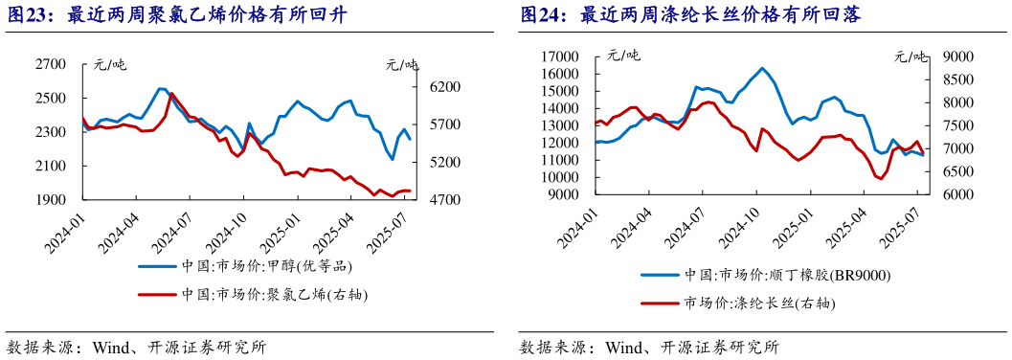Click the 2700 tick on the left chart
[52, 64]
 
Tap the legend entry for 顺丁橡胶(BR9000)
[785, 276]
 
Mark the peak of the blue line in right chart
[762, 68]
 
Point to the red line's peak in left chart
[170, 93]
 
